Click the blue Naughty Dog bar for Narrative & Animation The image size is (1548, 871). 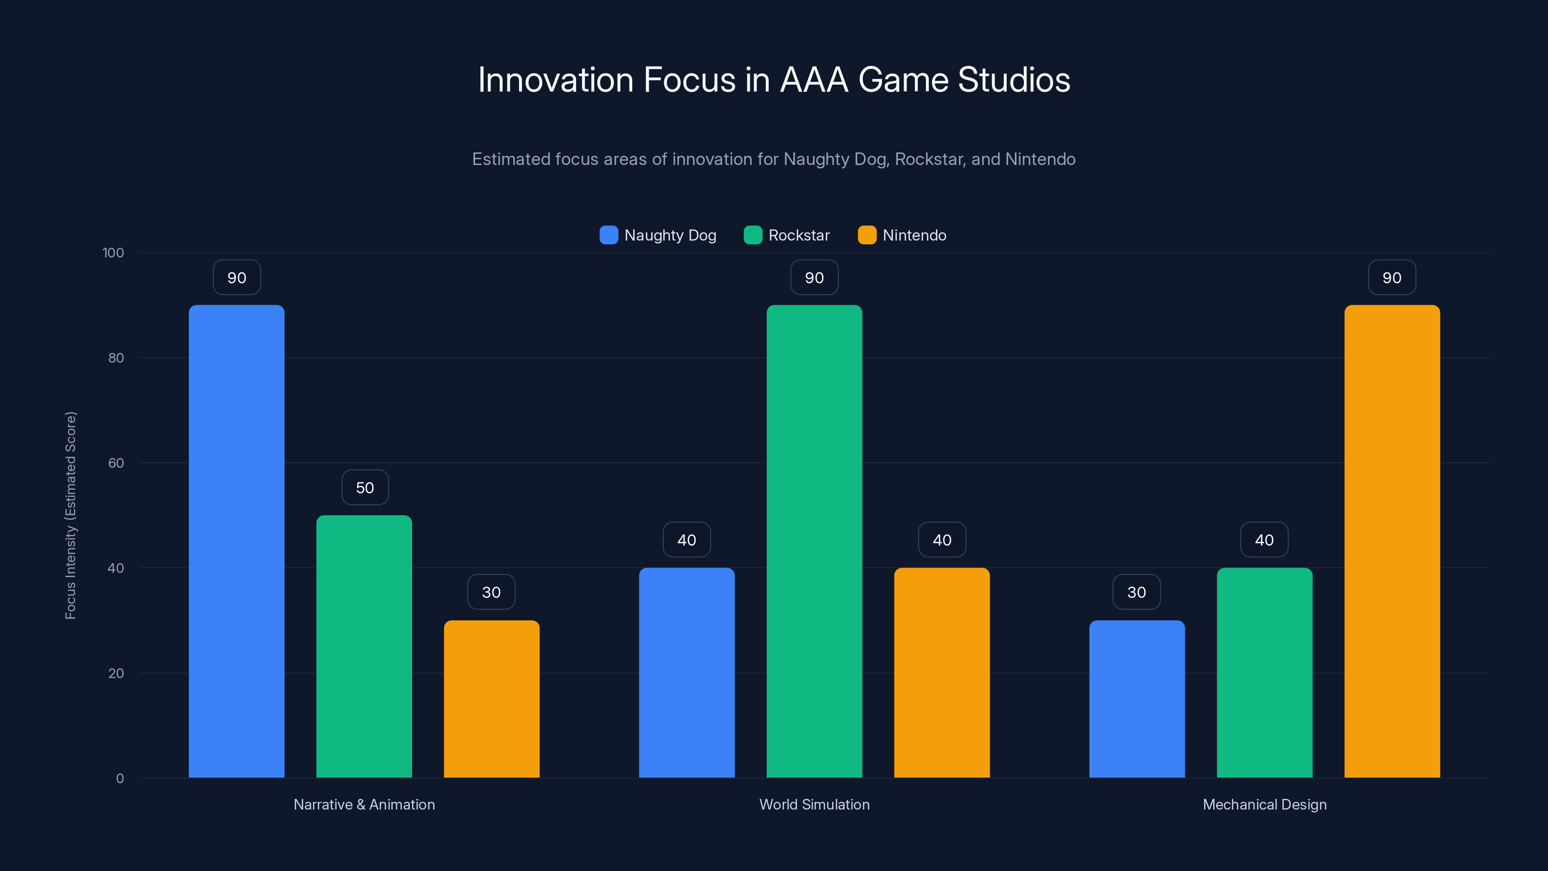coord(236,541)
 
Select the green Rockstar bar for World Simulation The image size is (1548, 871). coord(814,541)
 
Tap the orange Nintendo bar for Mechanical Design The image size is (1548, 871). coord(1392,541)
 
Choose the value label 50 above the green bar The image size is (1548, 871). coord(365,487)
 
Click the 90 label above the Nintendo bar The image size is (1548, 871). coord(1392,278)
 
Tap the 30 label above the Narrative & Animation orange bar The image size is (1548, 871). coord(491,592)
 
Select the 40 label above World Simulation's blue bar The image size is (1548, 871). coord(686,540)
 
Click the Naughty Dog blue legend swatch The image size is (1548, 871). coord(609,235)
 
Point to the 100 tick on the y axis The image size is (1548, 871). coord(113,253)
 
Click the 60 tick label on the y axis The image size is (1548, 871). coord(116,463)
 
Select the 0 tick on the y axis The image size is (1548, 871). coord(119,779)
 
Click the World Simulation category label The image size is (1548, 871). coord(814,804)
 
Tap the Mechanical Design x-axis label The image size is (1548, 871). coord(1265,804)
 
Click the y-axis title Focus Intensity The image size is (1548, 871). coord(71,515)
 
